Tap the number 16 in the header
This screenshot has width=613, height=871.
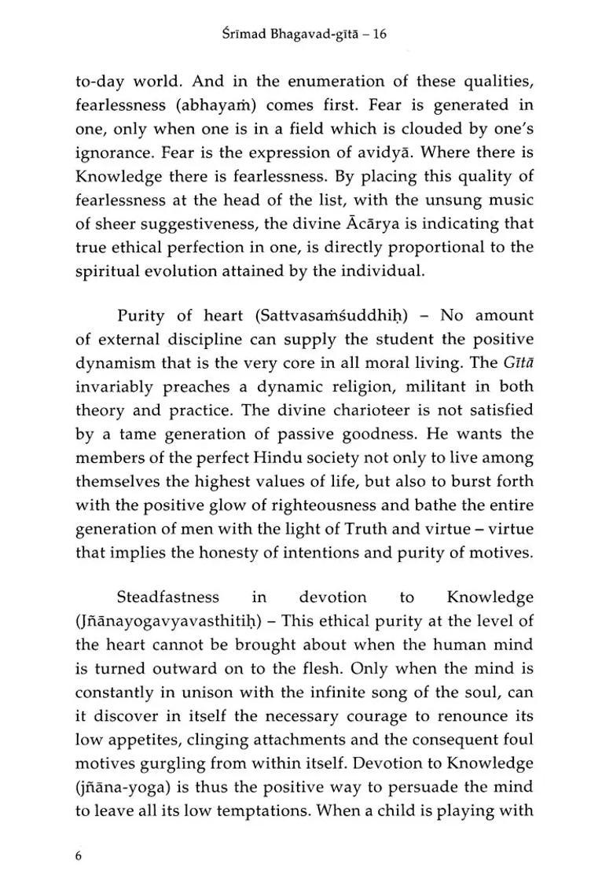tap(380, 35)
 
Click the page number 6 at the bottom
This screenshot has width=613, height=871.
tap(79, 833)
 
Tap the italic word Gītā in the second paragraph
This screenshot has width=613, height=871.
tap(516, 362)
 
